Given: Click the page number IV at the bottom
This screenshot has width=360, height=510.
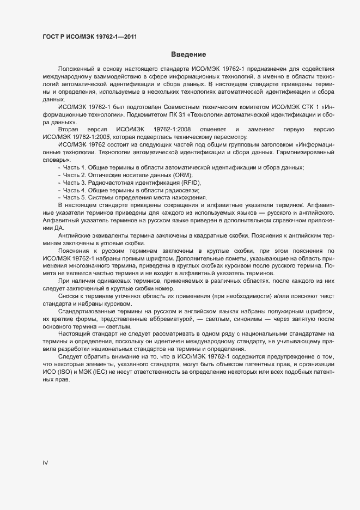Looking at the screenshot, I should coord(46,463).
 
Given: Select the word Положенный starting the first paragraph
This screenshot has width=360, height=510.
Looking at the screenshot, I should coord(75,70).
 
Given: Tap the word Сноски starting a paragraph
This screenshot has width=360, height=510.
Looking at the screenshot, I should coord(69,295).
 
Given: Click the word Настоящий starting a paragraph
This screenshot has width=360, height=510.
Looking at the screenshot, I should coord(75,333).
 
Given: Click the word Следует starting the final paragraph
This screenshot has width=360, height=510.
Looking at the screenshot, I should coord(70,356).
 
